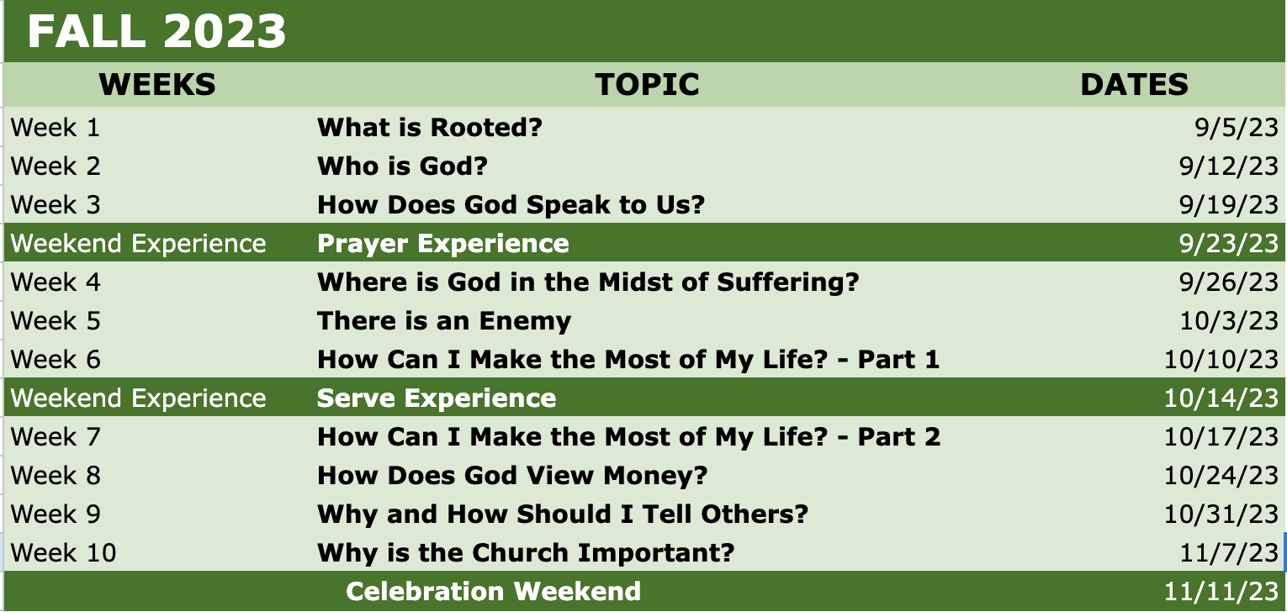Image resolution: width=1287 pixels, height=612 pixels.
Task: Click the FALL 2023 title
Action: pos(156,31)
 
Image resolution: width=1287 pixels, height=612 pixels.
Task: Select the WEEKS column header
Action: pos(157,84)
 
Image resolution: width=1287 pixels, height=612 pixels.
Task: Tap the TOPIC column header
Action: pos(647,84)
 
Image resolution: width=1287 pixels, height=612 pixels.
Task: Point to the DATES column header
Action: pos(1134,84)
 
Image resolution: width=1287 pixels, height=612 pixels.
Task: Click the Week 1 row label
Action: pos(56,128)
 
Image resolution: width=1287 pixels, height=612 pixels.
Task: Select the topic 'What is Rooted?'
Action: pos(430,127)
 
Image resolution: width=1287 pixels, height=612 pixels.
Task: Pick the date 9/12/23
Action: pos(1228,166)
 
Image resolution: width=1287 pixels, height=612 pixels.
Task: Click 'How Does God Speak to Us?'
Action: pos(511,205)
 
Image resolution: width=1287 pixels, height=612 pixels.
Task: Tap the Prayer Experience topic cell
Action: pos(443,244)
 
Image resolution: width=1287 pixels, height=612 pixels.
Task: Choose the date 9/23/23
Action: pos(1228,244)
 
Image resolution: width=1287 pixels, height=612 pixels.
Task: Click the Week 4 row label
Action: pos(56,282)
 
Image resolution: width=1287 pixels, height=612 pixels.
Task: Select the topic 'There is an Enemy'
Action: pos(444,321)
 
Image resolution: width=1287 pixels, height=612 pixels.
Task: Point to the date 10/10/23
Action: pos(1221,360)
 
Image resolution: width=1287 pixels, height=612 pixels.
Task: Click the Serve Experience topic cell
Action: pos(437,398)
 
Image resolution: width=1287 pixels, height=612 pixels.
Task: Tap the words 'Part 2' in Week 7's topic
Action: pos(899,437)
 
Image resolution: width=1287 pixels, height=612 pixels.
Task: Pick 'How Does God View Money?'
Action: pos(512,476)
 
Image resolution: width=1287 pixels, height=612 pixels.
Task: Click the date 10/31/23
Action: pos(1221,514)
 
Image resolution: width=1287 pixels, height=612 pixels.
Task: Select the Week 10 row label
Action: pos(63,553)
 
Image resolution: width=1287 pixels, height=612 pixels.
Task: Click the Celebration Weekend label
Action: pos(493,591)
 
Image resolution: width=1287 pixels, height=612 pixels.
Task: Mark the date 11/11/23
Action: pos(1221,592)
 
